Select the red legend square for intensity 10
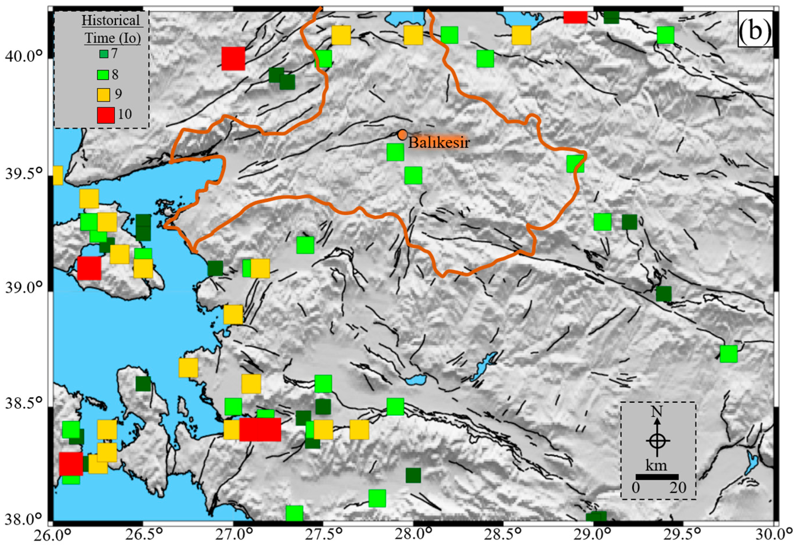[106, 115]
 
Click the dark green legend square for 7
[104, 54]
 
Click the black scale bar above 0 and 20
[657, 477]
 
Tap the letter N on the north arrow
[657, 411]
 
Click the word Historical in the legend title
[111, 20]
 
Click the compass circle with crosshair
[657, 441]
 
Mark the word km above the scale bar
[656, 466]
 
